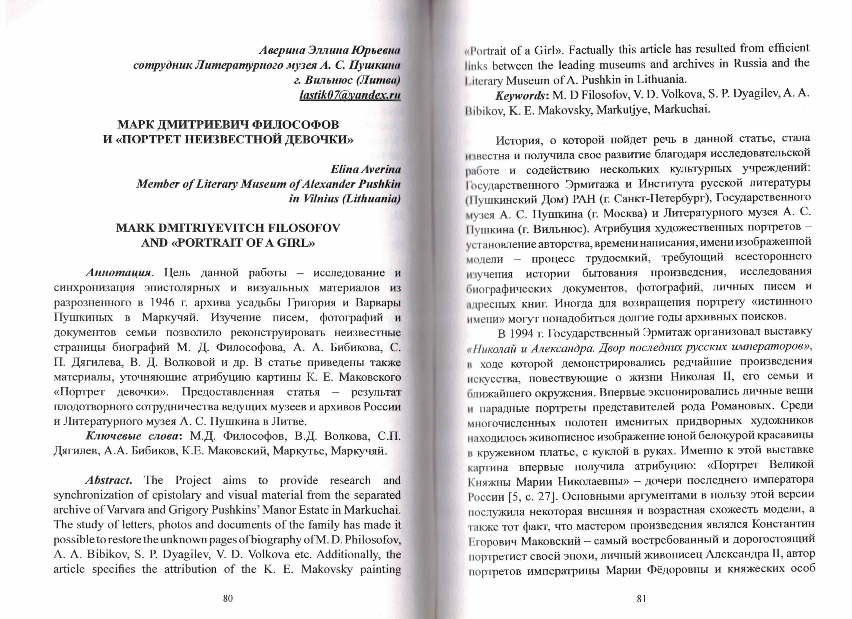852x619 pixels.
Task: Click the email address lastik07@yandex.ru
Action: tap(350, 95)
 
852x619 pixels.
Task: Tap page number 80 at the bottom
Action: tap(228, 598)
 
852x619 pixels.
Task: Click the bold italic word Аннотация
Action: tap(118, 272)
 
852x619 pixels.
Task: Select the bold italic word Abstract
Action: tap(109, 480)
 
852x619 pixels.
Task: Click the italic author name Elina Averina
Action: tap(365, 169)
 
